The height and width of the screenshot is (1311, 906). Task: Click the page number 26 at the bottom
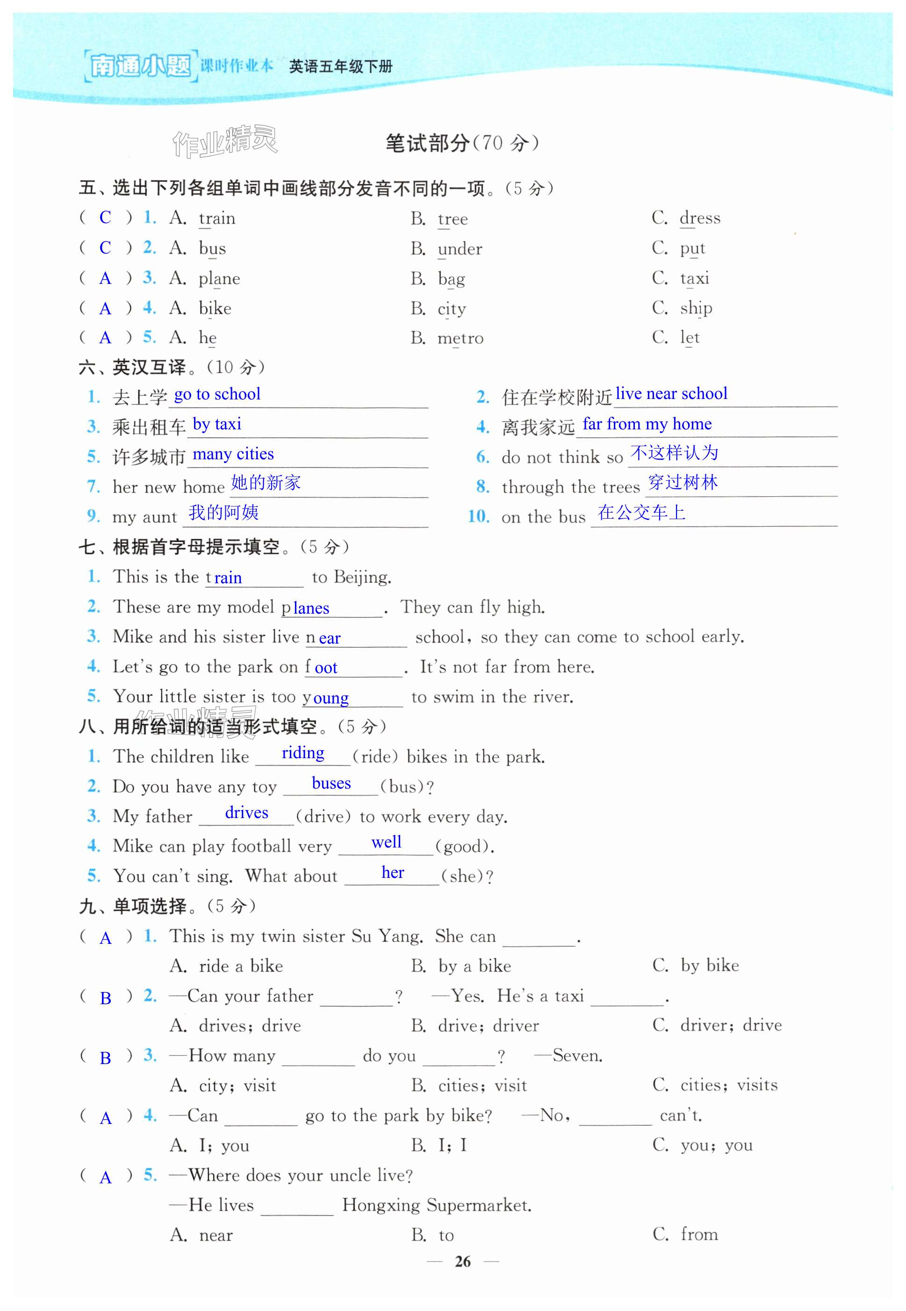tap(463, 1261)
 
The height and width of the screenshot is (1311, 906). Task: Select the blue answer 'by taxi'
tap(217, 424)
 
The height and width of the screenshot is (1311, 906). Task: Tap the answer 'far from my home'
tap(647, 424)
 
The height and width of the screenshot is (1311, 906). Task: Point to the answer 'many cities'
tap(233, 454)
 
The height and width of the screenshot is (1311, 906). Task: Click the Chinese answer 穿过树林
tap(683, 483)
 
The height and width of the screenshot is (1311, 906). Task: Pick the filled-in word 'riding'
tap(303, 753)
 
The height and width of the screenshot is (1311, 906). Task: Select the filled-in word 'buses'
tap(331, 783)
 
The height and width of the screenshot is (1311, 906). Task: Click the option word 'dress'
tap(700, 218)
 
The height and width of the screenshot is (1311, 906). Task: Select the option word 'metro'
tap(460, 339)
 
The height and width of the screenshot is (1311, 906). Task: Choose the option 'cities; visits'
tap(729, 1085)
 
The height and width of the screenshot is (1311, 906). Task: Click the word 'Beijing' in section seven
tap(362, 578)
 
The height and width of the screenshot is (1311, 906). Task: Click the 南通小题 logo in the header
tap(140, 66)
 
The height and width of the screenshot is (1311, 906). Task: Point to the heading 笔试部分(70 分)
tap(462, 143)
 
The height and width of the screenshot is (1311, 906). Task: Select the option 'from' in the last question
tap(699, 1234)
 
